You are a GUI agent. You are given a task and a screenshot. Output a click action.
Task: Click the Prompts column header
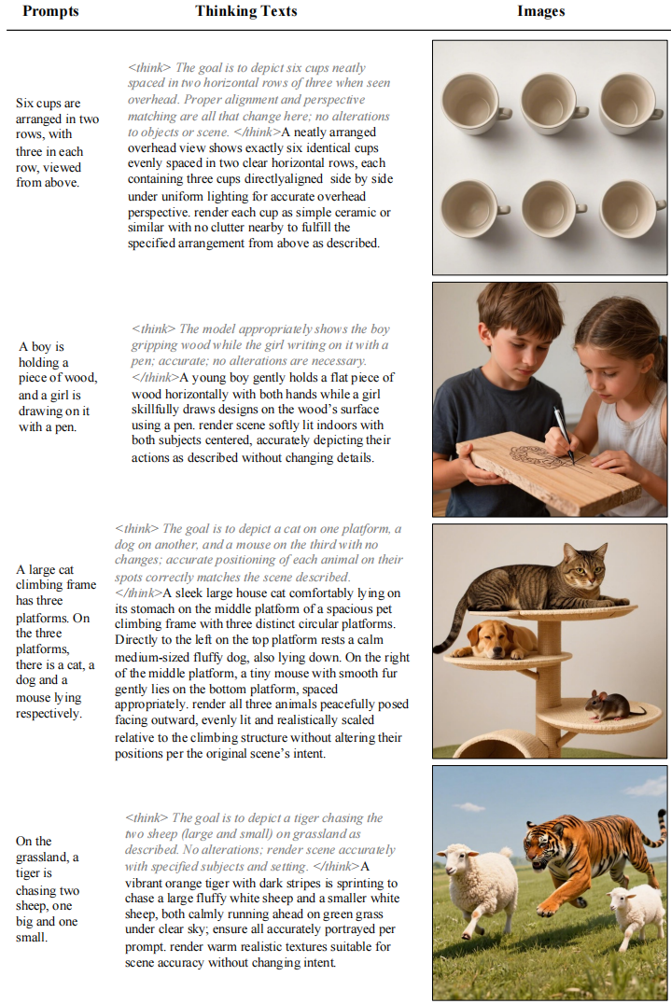[x=50, y=11]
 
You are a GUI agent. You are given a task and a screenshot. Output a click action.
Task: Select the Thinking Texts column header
[x=246, y=11]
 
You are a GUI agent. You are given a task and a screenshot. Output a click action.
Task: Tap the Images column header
[x=541, y=11]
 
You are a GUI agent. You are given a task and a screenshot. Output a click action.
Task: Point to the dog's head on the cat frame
[x=496, y=638]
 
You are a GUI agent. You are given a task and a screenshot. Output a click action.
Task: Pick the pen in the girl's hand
[x=564, y=433]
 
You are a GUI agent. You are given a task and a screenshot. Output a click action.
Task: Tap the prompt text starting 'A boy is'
[x=57, y=386]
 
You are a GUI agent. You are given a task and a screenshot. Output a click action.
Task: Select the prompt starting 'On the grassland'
[x=49, y=889]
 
